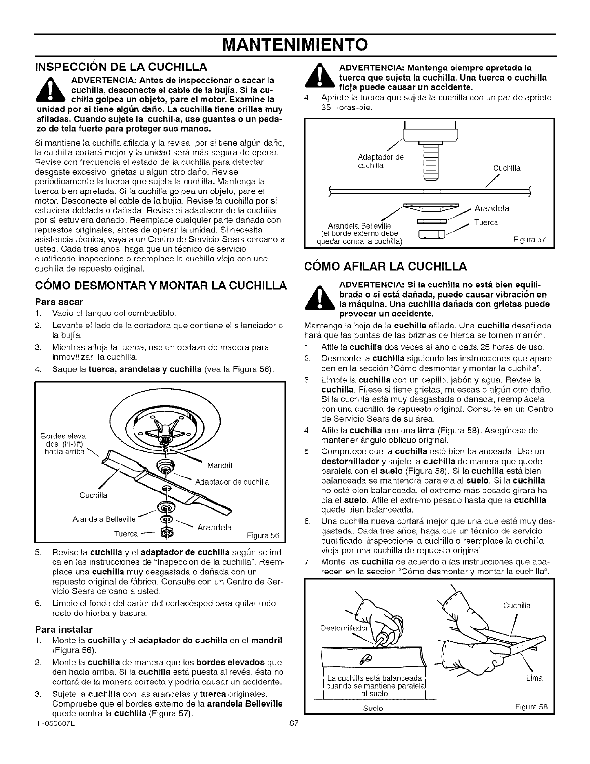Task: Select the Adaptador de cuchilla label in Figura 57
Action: click(x=380, y=161)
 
